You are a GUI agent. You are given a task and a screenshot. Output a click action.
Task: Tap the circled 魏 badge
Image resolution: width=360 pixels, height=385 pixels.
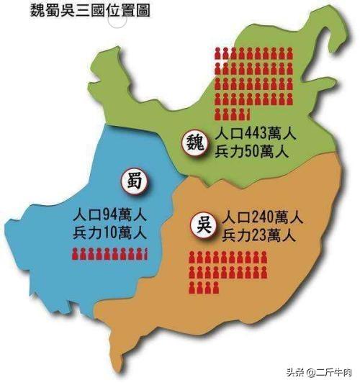[x=194, y=141]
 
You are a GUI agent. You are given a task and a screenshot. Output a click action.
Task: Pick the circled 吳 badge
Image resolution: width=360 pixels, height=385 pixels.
[x=204, y=224]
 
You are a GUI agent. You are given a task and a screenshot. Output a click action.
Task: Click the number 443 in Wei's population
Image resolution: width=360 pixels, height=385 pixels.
[x=256, y=135]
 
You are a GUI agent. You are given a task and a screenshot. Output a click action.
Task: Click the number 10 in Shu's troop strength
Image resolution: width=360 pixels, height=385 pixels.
[x=113, y=232]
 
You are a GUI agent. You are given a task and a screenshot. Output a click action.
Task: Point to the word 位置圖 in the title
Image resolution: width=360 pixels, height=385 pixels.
[x=127, y=12]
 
